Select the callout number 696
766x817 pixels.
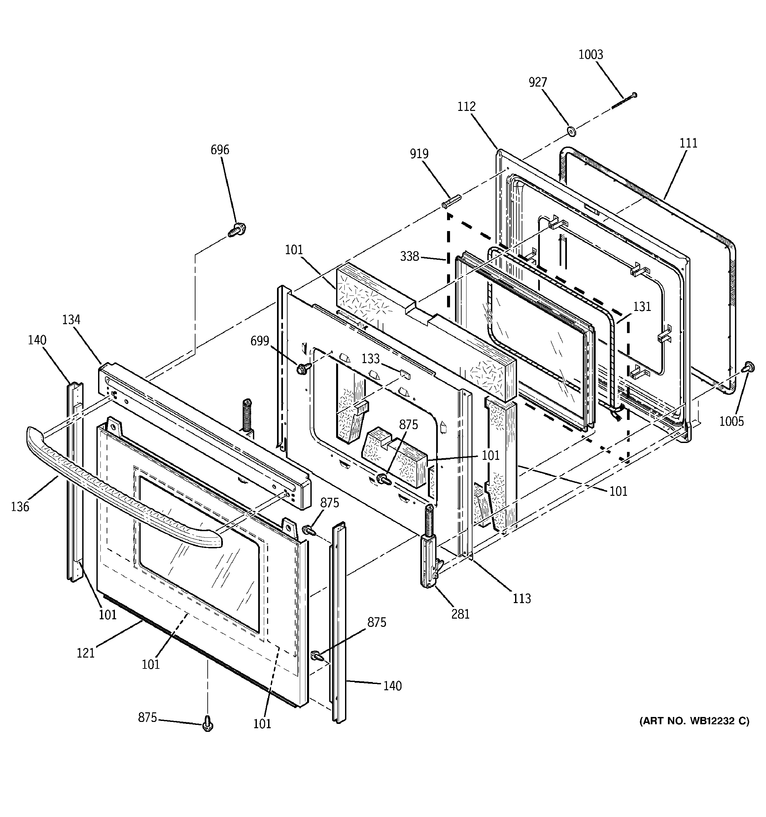[220, 150]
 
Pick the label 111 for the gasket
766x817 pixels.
[688, 143]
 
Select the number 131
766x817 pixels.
[642, 307]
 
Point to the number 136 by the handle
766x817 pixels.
[20, 507]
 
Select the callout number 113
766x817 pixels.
[521, 599]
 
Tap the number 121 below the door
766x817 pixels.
[86, 653]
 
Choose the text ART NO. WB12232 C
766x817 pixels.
[694, 721]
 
